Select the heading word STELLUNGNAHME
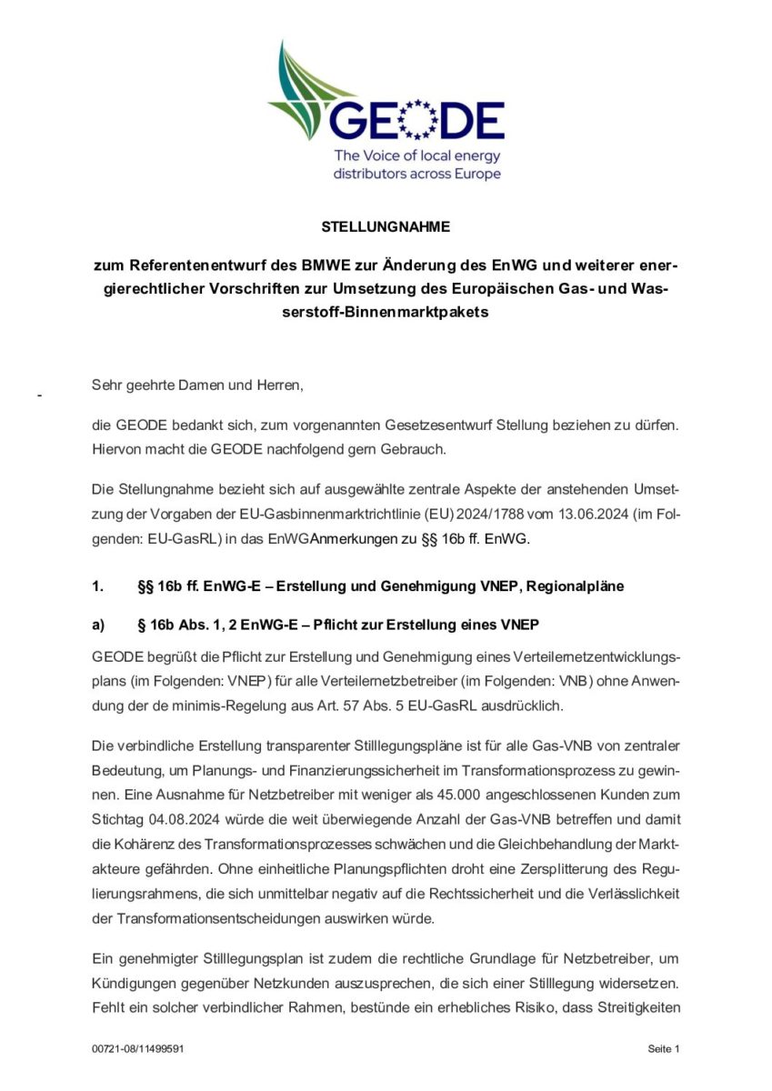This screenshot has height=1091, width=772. coord(386,227)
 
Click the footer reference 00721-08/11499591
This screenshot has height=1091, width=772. coord(138,1048)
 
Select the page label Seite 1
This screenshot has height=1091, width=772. coord(664,1048)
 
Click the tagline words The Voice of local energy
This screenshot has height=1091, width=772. coord(417,155)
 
